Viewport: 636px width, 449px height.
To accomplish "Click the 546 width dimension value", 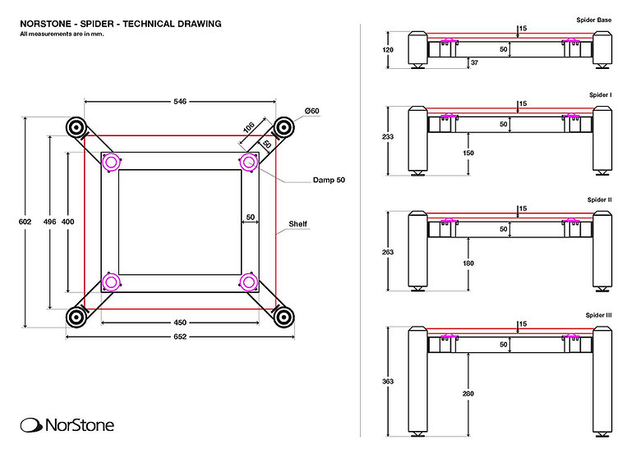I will coord(180,102).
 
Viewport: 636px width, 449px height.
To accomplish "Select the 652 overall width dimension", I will coord(180,337).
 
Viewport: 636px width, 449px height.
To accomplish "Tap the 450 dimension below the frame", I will coord(180,322).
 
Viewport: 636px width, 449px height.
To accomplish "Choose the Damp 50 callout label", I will coord(329,180).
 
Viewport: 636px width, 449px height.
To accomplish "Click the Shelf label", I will coord(297,223).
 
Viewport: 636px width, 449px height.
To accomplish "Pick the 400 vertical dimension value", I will coord(67,221).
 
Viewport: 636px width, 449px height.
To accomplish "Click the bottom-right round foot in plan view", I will coord(284,317).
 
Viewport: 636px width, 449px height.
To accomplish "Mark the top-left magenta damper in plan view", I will coord(110,162).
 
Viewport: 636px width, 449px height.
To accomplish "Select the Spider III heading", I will coord(599,315).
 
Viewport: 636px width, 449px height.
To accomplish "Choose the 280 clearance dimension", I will coord(468,395).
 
